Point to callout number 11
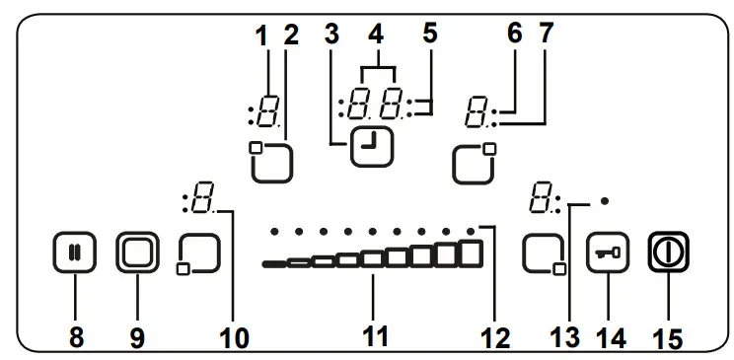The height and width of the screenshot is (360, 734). click(373, 335)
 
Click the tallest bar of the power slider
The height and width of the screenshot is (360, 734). click(472, 252)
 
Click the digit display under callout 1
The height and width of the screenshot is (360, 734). click(266, 114)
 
